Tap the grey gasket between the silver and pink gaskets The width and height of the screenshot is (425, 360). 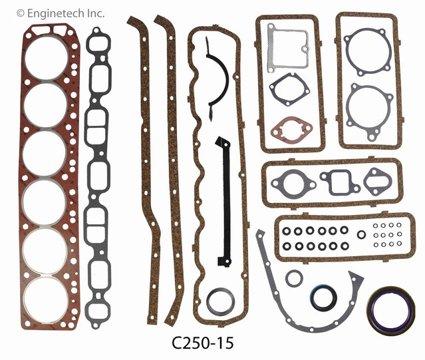coord(286,89)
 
